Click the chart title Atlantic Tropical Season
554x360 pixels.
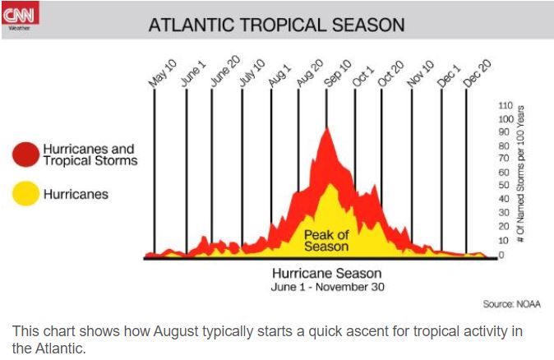coord(276,25)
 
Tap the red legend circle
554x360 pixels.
coord(25,154)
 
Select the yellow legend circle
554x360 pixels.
coord(25,194)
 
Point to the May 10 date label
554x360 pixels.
coord(161,72)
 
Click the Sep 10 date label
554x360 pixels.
coord(335,72)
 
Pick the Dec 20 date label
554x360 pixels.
coord(476,72)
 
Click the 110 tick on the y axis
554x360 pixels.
coord(506,106)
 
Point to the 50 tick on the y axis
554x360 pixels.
coord(504,186)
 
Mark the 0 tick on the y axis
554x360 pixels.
coord(501,254)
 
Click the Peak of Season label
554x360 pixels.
coord(326,240)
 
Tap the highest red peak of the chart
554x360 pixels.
coord(329,130)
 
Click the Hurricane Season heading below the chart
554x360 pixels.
coord(326,273)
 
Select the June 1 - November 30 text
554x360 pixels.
coord(327,288)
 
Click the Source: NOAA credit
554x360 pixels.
coord(511,304)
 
